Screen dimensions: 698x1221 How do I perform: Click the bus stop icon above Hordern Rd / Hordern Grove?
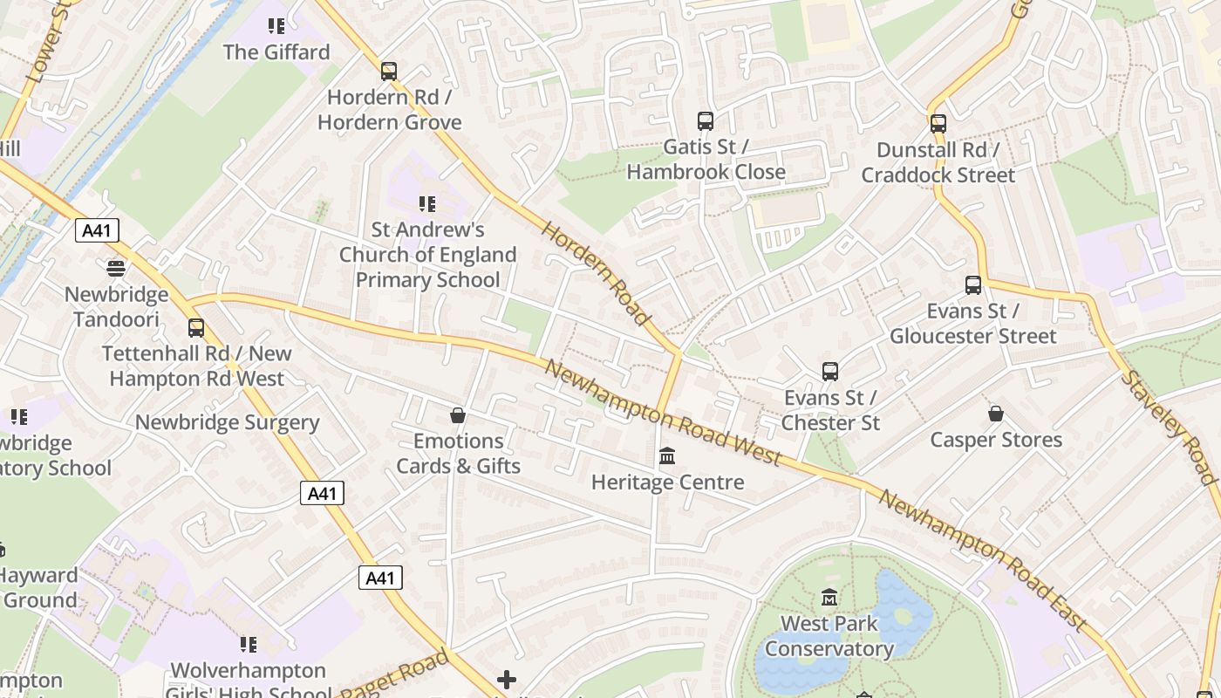click(389, 72)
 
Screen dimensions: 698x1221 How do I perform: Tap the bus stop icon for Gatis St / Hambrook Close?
click(706, 121)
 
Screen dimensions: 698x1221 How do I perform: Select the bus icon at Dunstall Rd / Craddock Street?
click(938, 124)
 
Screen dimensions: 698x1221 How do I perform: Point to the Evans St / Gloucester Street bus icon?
click(973, 285)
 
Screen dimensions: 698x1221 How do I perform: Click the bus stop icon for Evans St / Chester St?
click(830, 372)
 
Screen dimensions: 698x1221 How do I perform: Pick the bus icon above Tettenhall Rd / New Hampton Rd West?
click(196, 328)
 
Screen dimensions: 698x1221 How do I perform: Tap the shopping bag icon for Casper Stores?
click(996, 414)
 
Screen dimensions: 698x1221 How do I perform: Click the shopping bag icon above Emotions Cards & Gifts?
click(458, 415)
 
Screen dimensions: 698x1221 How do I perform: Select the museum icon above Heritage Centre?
click(668, 456)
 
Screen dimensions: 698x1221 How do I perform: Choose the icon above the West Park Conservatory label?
click(829, 598)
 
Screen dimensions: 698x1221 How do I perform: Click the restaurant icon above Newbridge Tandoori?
click(116, 268)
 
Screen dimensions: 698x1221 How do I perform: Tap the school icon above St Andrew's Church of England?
click(427, 204)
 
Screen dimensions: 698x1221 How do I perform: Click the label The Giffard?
click(276, 52)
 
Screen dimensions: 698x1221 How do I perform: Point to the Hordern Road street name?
click(597, 273)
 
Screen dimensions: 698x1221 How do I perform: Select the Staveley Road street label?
click(1169, 427)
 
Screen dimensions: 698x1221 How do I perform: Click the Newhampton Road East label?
click(982, 559)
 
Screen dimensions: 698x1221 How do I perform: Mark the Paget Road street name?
click(394, 676)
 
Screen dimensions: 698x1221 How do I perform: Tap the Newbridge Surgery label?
click(227, 423)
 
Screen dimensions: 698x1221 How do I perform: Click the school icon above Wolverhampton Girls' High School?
click(249, 645)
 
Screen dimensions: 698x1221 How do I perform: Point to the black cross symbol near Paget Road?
click(507, 680)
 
